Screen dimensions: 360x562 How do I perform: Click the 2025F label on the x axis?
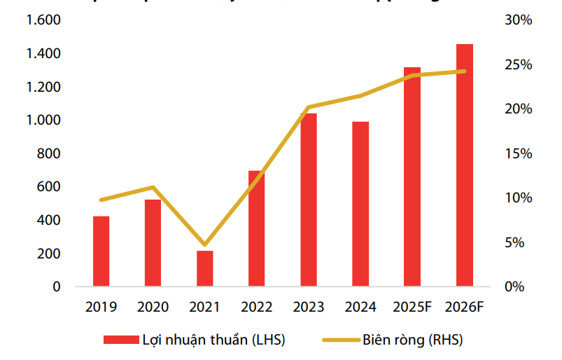coord(412,307)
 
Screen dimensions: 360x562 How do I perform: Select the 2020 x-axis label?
coord(153,307)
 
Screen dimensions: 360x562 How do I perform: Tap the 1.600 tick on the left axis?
coord(44,20)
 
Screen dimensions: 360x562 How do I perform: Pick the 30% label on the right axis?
coord(518,20)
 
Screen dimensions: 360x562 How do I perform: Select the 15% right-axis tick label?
coord(518,153)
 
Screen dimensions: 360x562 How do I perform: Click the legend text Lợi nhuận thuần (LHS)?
coord(213,340)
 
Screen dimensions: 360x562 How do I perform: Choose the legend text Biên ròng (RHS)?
coord(412,340)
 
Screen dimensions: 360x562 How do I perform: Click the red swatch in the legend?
coord(119,340)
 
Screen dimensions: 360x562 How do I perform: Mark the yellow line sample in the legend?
coord(340,340)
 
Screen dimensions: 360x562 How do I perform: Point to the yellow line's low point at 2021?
coord(204,244)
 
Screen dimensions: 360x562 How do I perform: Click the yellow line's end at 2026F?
coord(464,71)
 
